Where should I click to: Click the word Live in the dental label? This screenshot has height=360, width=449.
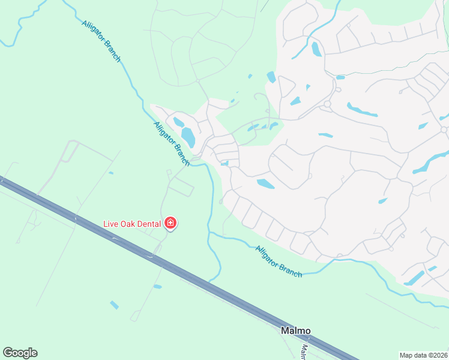111,224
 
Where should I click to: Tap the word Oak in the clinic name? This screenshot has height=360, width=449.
130,224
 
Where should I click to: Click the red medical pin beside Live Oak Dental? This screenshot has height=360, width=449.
170,223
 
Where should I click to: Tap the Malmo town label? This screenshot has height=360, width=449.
296,331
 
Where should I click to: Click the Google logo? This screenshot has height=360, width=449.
20,353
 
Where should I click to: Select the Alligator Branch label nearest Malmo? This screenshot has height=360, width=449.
278,261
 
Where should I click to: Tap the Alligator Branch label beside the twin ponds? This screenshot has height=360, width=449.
172,144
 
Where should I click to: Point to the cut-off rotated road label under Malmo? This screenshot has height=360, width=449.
304,350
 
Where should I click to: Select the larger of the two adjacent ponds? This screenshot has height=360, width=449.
188,137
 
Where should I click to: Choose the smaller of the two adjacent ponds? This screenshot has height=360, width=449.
178,122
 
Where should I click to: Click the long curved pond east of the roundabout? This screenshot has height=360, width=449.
362,110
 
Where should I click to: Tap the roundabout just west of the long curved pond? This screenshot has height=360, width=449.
327,104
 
